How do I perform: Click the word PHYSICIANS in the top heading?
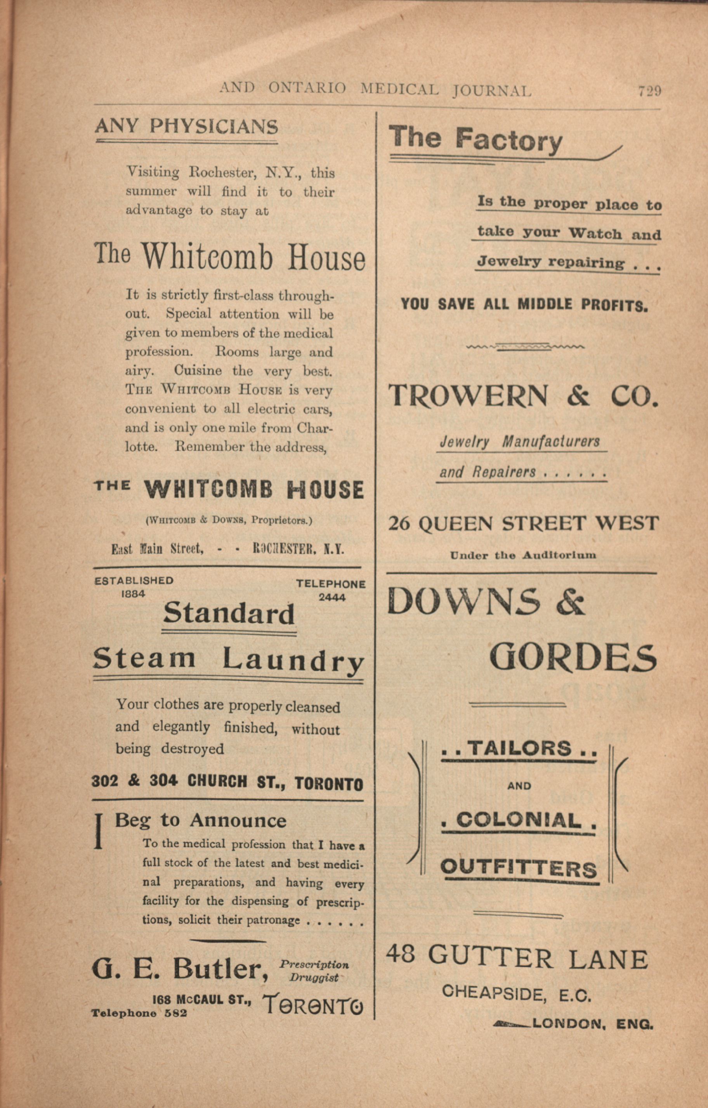click(214, 126)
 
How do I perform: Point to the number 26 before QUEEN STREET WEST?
click(399, 524)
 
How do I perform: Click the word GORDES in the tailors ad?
click(573, 657)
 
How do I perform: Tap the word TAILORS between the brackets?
click(520, 748)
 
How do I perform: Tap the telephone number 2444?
click(332, 597)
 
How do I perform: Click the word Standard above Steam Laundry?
click(229, 613)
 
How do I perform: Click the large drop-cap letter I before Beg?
click(98, 831)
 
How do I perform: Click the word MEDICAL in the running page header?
click(399, 89)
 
